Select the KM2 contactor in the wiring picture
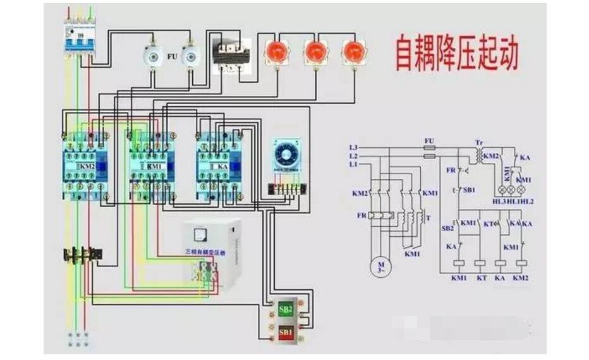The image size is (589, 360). [x=87, y=165]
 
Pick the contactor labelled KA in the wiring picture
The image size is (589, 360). [x=219, y=165]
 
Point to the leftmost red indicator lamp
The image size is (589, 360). [x=276, y=52]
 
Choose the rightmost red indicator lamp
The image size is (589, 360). [x=354, y=52]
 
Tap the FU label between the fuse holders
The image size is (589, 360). [x=171, y=56]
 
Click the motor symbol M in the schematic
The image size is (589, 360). [x=381, y=266]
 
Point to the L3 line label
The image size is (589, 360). [x=353, y=147]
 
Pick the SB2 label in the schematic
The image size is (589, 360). [x=447, y=228]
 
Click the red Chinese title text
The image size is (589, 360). [x=456, y=54]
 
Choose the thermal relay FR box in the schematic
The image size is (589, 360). [x=381, y=215]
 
